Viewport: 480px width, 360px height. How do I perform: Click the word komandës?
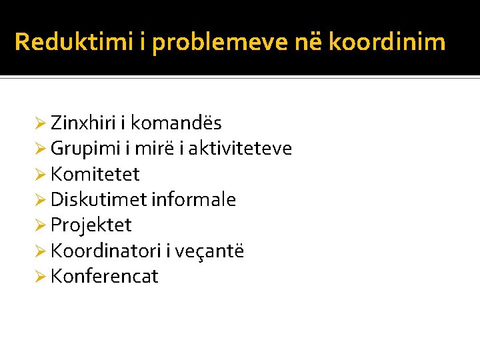pos(176,123)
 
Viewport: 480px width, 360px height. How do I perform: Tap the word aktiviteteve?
pos(240,149)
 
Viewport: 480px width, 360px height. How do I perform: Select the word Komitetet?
pos(95,175)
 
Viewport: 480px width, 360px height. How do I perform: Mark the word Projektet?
pos(91,225)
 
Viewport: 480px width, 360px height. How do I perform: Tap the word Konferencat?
pos(105,277)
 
